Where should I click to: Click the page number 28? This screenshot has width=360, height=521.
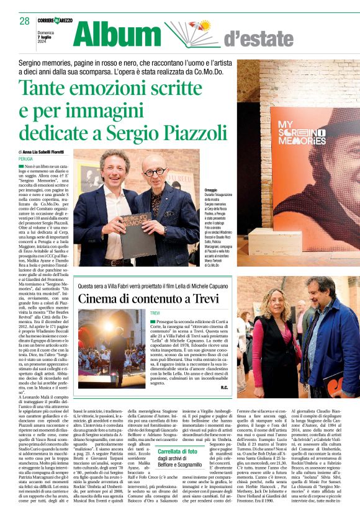pos(24,21)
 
